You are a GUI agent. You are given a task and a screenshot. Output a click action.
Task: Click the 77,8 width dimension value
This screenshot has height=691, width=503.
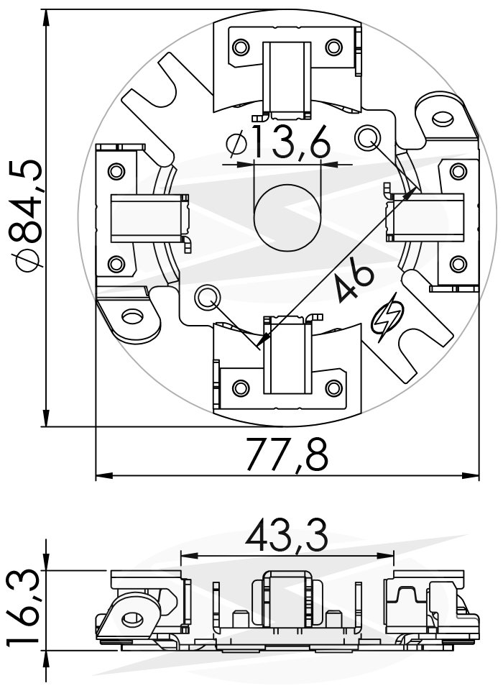287,454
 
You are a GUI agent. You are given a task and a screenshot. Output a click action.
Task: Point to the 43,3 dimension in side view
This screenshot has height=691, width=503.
287,535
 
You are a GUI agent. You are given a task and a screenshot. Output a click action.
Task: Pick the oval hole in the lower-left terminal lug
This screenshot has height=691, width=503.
133,316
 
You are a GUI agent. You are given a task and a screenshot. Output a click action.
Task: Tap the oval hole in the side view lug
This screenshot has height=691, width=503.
131,618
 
